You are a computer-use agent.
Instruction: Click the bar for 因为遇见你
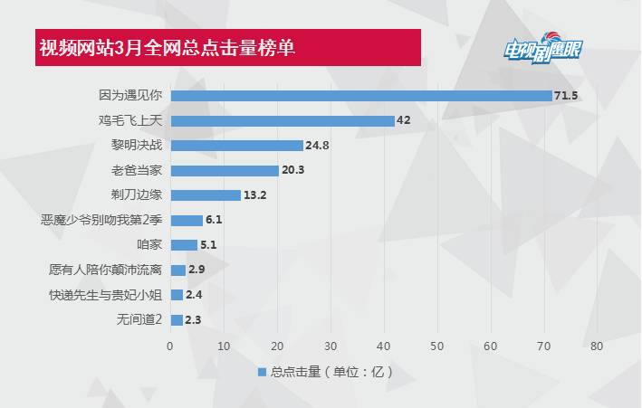tap(360, 95)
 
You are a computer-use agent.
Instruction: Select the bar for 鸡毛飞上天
tap(283, 120)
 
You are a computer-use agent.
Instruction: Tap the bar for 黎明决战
tap(236, 145)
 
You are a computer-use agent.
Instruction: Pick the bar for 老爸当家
tap(225, 170)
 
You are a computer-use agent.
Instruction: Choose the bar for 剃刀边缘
tap(206, 195)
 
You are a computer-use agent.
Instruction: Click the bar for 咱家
tap(184, 244)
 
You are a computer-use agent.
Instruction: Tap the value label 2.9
tap(197, 270)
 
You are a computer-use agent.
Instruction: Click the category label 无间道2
tap(139, 319)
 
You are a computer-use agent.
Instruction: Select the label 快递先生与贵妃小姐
tap(106, 294)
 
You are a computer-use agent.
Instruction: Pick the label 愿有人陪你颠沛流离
tap(106, 270)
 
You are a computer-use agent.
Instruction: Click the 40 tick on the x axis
tap(384, 346)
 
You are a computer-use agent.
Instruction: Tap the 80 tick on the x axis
tap(597, 346)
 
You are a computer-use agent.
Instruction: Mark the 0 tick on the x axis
tap(170, 346)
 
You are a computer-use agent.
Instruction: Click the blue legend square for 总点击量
tap(261, 372)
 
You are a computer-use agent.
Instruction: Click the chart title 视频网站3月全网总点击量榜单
tap(168, 47)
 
